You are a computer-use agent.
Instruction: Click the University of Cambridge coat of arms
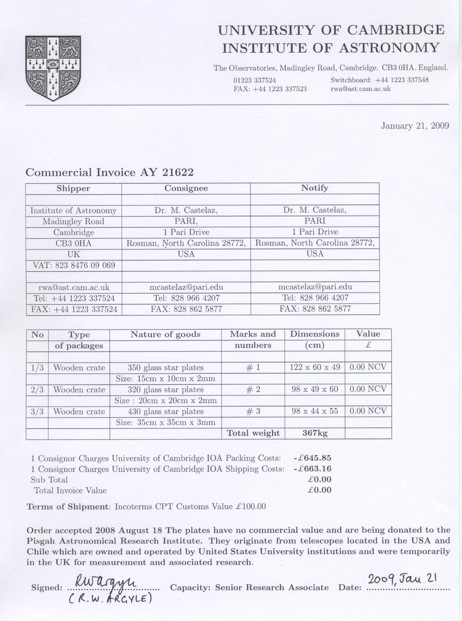coord(53,68)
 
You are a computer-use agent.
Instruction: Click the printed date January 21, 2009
coord(414,126)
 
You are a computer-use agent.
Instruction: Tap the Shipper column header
coord(73,188)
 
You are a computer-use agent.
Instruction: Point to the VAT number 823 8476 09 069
coord(85,265)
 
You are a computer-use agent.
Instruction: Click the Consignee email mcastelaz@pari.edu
coord(186,287)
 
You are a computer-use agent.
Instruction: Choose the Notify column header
coord(315,188)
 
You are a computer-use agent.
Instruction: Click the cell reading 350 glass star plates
coord(166,368)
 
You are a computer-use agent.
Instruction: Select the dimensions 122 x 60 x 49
coord(315,367)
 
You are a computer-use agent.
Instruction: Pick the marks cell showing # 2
coord(253,390)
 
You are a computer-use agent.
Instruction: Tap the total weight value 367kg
coord(315,433)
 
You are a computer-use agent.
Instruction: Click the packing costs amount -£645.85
coord(312,458)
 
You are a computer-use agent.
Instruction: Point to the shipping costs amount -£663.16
coord(312,469)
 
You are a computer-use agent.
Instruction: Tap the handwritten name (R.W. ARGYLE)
coord(110,598)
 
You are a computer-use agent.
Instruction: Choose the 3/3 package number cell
coord(37,411)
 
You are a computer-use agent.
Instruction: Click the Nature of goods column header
coord(166,334)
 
